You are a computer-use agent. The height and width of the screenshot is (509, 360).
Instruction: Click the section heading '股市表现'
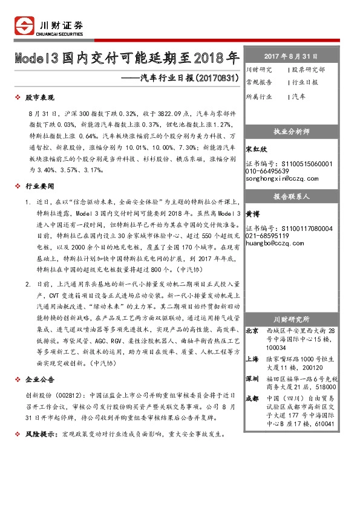[40, 97]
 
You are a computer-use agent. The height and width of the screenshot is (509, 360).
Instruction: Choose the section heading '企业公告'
[40, 379]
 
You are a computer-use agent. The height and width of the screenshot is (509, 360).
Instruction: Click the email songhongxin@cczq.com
[282, 179]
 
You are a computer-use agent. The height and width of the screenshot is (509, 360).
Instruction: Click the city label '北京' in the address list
[252, 331]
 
